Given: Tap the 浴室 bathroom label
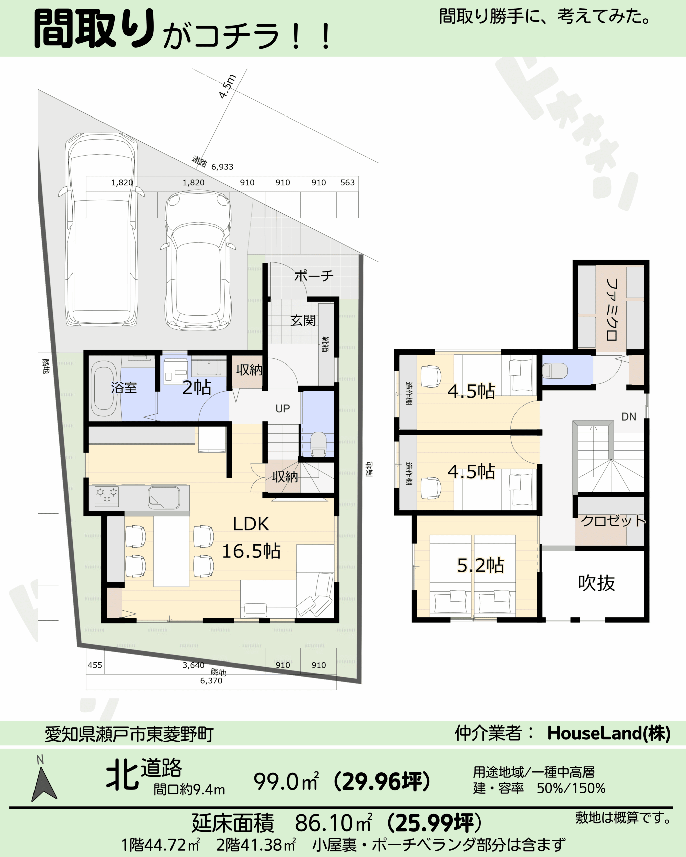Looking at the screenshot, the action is [x=124, y=387].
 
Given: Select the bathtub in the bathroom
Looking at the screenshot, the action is [x=104, y=388].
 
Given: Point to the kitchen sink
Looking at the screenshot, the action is [x=163, y=497].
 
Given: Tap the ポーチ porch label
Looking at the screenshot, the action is [x=314, y=276].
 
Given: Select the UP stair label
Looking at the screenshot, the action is [x=283, y=409].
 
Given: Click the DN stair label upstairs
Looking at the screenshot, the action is [x=629, y=416].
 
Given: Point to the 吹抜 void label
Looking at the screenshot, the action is [x=597, y=583].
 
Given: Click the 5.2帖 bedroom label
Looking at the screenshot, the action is [x=480, y=565].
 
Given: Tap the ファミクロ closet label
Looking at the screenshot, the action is [x=611, y=310].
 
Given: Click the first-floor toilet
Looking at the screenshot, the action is [x=318, y=444].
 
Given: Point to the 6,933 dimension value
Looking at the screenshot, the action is [x=222, y=167].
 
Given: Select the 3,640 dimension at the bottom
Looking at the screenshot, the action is [x=193, y=665].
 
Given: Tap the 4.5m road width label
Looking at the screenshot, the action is [x=227, y=86].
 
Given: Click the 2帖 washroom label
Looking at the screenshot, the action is [x=196, y=387].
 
